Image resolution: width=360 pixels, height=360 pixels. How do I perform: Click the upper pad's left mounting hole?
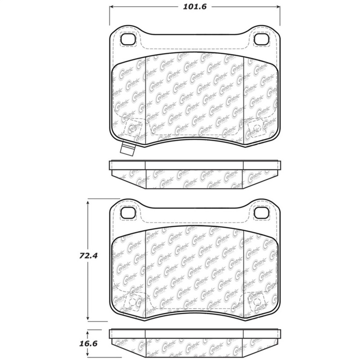point(129,39)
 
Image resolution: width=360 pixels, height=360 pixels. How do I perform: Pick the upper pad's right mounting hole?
point(261,39)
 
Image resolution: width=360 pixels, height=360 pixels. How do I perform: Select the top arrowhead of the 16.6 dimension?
point(88,331)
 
